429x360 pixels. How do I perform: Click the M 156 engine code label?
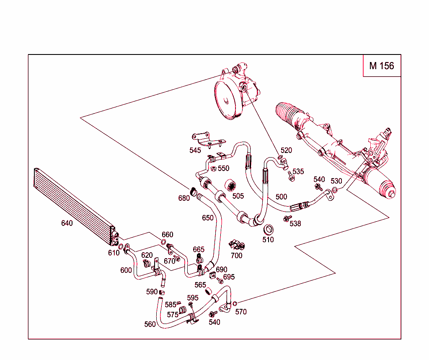[x=381, y=66]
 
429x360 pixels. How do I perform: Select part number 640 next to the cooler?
[x=67, y=223]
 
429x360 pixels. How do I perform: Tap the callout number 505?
[x=238, y=196]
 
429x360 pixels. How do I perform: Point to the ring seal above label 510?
[x=268, y=230]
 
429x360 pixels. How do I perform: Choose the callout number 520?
[x=286, y=150]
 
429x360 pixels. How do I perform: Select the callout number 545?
[x=195, y=150]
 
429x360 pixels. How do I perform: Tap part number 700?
[x=237, y=255]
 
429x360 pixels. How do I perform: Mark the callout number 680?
[x=184, y=198]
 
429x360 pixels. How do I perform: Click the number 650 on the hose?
[x=208, y=218]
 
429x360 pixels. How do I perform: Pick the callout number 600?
[x=126, y=270]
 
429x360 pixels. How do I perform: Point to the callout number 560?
[x=150, y=324]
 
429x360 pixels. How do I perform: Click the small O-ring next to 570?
[x=235, y=303]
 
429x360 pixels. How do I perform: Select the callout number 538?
[x=295, y=223]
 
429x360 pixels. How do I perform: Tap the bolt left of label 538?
[x=287, y=219]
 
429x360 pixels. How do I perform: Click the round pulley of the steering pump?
[x=226, y=101]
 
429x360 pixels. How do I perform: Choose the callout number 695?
[x=229, y=277]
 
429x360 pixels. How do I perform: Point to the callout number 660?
[x=168, y=235]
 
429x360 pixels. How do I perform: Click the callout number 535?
[x=298, y=171]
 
